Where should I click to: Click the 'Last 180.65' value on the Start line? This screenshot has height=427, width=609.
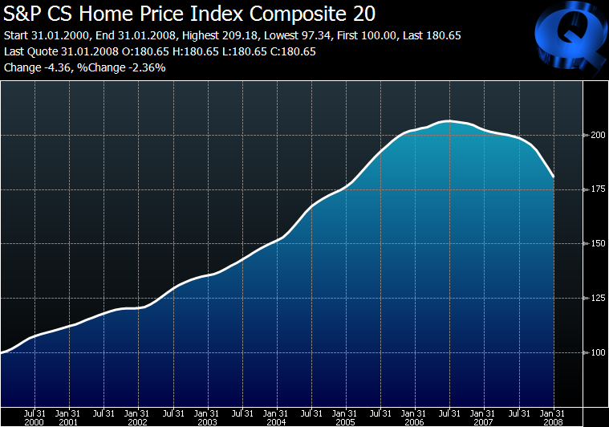(x=432, y=36)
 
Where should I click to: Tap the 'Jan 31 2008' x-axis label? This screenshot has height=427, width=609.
(x=553, y=417)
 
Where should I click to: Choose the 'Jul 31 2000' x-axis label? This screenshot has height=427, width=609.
(x=35, y=417)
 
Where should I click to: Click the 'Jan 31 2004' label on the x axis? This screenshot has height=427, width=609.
(x=276, y=417)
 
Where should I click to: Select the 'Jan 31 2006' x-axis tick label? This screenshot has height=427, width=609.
(x=414, y=417)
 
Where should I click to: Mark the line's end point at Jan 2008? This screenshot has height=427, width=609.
(x=554, y=177)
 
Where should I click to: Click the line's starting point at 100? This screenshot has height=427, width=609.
(x=2, y=352)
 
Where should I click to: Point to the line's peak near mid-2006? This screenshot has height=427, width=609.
(x=449, y=121)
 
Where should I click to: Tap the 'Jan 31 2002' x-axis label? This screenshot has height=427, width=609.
(x=138, y=417)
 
